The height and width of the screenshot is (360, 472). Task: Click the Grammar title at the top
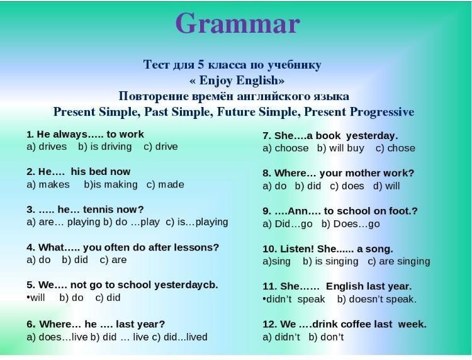237,24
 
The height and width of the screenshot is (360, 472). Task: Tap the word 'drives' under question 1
53,147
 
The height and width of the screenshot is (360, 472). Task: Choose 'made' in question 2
171,184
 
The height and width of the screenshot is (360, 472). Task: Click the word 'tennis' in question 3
98,209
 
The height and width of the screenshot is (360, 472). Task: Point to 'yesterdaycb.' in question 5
186,285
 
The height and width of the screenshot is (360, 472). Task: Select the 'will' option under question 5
38,298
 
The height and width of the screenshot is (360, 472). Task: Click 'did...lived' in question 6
186,337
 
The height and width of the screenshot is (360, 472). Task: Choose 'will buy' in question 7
347,148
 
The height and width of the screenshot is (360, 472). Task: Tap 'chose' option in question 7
401,148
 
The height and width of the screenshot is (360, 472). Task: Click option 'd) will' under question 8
386,186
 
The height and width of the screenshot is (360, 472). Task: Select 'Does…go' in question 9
356,224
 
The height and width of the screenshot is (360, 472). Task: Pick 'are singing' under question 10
404,261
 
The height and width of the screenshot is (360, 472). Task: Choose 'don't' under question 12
332,337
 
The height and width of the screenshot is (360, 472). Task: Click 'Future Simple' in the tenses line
257,112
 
